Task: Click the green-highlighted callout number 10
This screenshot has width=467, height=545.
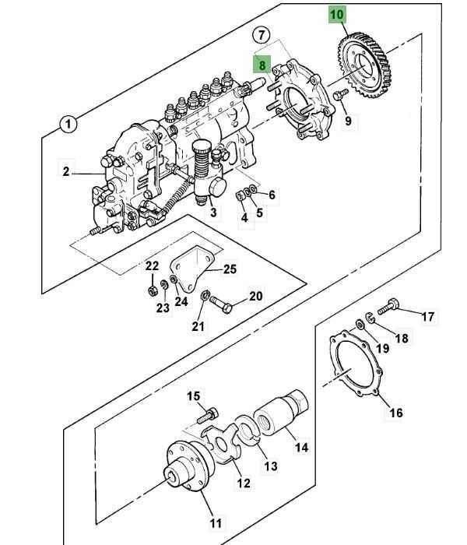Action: [x=336, y=15]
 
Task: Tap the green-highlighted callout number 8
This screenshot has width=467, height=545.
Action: [x=262, y=65]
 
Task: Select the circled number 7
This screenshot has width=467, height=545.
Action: [x=262, y=35]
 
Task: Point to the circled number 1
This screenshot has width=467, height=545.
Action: [x=68, y=124]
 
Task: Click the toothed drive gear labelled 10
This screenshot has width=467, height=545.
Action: [x=364, y=65]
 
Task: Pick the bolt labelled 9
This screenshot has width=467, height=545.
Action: [x=340, y=94]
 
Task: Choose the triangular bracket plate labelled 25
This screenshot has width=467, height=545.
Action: [x=191, y=269]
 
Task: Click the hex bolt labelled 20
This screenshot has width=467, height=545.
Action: [x=221, y=304]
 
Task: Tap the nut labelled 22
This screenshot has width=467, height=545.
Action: [x=152, y=290]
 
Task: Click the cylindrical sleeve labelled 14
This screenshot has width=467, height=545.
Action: [x=282, y=412]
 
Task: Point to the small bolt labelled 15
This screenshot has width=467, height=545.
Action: [x=208, y=416]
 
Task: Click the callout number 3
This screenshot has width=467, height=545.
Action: [x=213, y=212]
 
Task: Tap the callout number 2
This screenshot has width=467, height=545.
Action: [x=66, y=172]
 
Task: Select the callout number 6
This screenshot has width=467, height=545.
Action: [x=272, y=195]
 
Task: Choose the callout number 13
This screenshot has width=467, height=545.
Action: [x=271, y=466]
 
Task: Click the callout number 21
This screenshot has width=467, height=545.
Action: [x=198, y=326]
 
